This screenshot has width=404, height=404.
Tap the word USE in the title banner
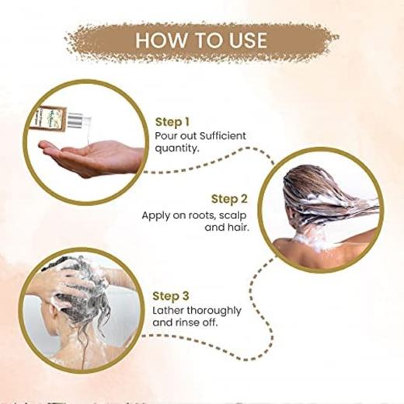[x=245, y=40]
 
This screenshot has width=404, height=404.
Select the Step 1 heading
[x=172, y=122]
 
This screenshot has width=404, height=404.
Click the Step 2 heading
[x=229, y=199]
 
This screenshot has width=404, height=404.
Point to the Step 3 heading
[x=171, y=296]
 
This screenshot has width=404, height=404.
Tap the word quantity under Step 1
[x=176, y=149]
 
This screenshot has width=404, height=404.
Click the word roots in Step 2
[x=199, y=215]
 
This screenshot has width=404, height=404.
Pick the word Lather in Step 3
[x=169, y=310]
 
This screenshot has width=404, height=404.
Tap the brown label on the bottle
[x=50, y=116]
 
